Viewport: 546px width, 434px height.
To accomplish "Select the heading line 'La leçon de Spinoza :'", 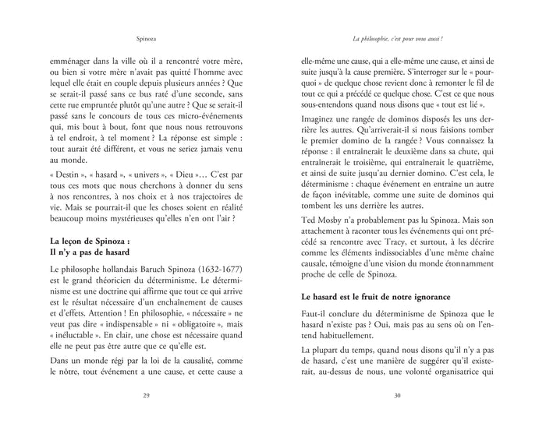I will (90, 242).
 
